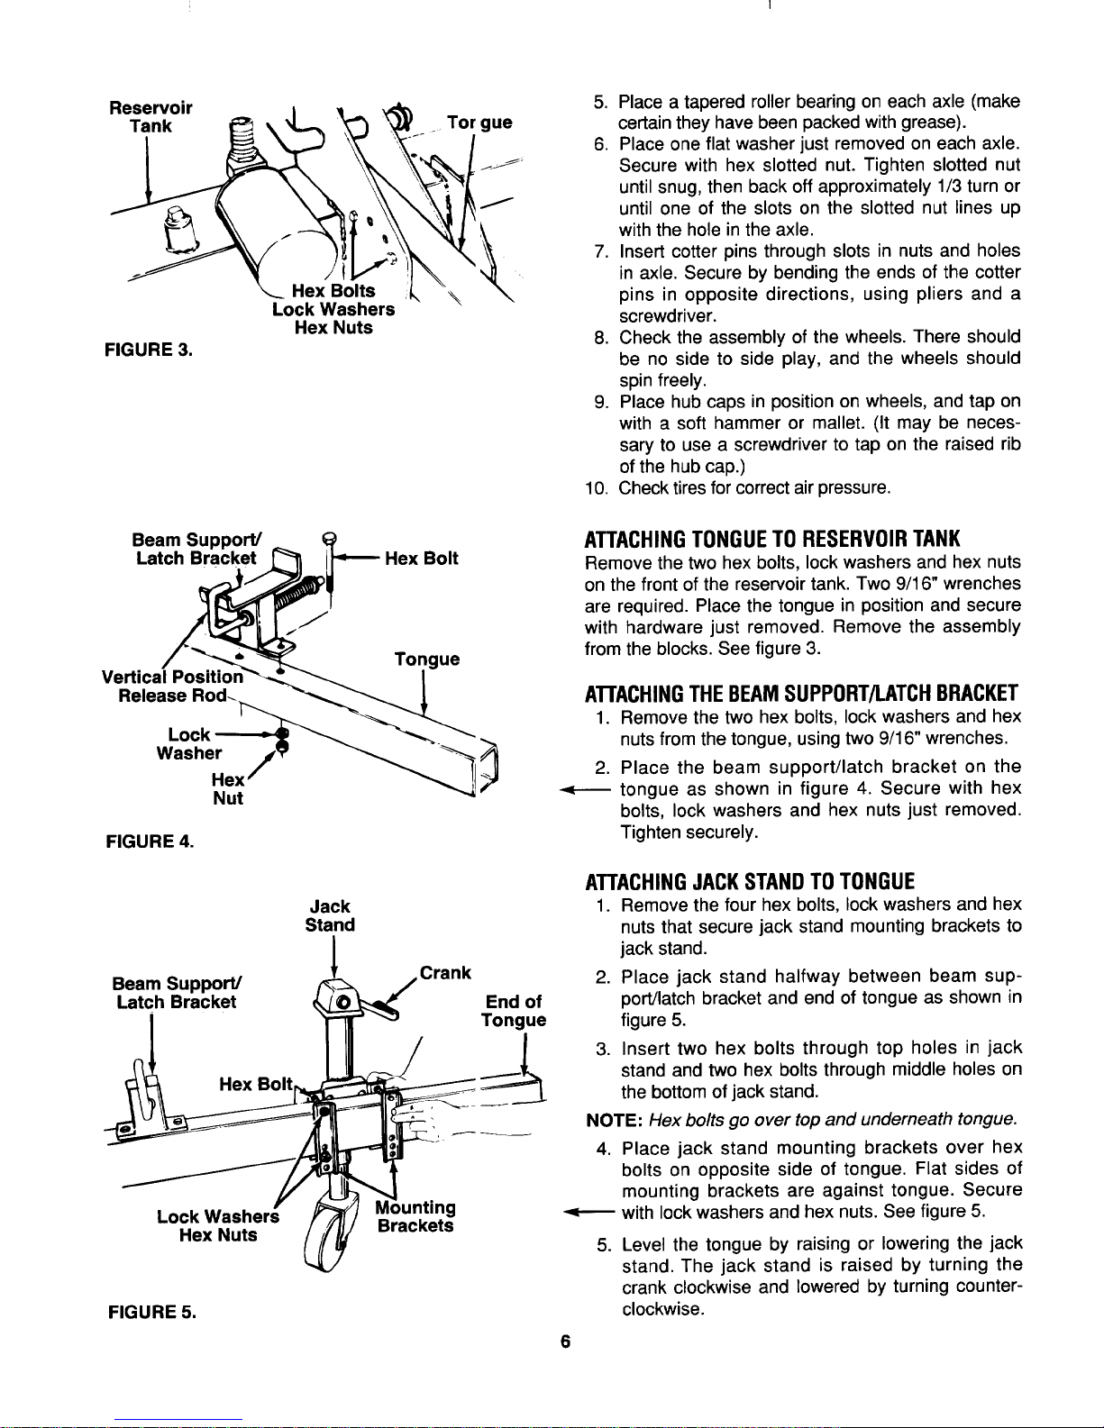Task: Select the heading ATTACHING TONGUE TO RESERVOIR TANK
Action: tap(772, 539)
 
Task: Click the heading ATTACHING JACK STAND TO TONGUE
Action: tap(750, 880)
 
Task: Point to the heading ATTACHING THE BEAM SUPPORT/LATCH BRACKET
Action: tap(801, 694)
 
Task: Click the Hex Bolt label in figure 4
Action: tap(422, 559)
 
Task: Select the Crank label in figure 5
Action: tap(445, 973)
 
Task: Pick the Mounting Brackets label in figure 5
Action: tap(415, 1216)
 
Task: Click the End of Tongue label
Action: tap(513, 1011)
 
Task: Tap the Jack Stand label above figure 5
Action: tap(330, 915)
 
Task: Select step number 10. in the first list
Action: tap(598, 489)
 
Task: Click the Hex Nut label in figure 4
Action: tap(227, 789)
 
